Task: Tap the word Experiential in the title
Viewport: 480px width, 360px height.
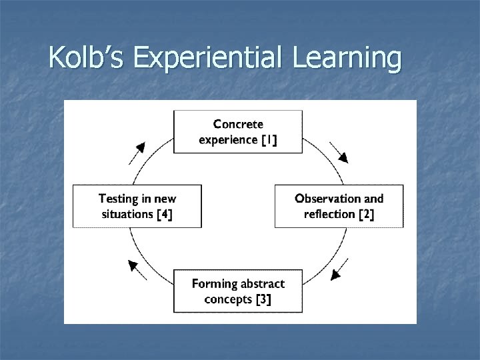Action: point(207,59)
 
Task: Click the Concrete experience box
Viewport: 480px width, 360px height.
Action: point(238,131)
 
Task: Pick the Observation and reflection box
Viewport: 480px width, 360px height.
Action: point(339,206)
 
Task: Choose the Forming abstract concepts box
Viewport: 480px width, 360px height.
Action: point(238,291)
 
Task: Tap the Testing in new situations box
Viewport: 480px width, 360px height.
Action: point(137,206)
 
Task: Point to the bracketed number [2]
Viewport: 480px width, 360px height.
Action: point(367,214)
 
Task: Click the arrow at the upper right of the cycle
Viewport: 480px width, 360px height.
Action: point(339,153)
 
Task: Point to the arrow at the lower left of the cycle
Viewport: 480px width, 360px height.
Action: point(137,269)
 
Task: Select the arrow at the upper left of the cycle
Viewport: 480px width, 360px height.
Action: point(137,153)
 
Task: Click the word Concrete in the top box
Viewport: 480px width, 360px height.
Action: point(238,124)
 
